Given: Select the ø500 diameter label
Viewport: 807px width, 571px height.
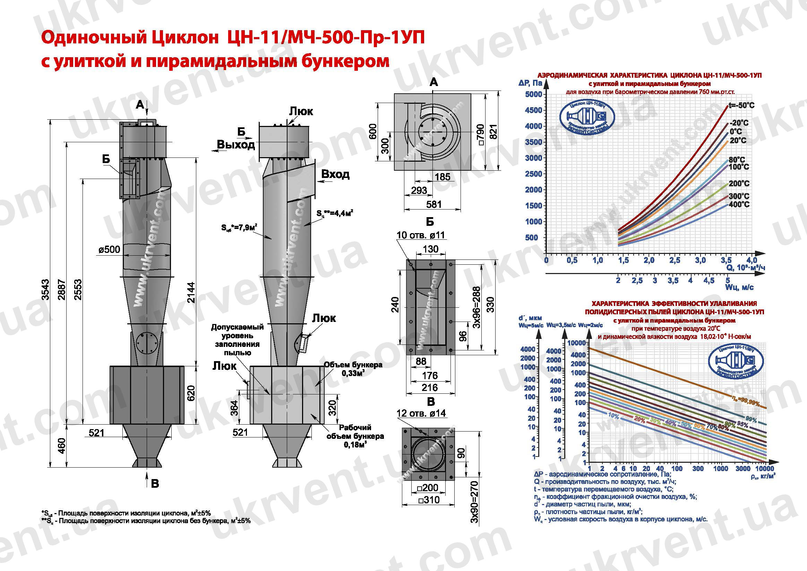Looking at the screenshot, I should pyautogui.click(x=109, y=250).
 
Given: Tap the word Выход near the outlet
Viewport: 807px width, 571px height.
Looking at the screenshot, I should pyautogui.click(x=235, y=145).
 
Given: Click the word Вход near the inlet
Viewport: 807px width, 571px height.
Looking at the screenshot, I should pyautogui.click(x=335, y=174).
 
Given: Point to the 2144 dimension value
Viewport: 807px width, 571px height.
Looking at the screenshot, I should pyautogui.click(x=191, y=292).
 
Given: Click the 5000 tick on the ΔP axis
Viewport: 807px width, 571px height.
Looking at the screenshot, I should pyautogui.click(x=533, y=94).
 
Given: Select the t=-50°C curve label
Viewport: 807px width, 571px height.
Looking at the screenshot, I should pyautogui.click(x=741, y=105).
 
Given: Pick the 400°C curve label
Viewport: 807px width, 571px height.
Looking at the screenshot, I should pyautogui.click(x=739, y=204).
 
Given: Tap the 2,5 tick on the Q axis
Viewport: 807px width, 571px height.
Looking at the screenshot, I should pyautogui.click(x=674, y=261).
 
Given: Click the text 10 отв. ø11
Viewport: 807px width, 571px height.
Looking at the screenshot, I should pyautogui.click(x=421, y=235).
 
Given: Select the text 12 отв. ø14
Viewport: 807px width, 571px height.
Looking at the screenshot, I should pyautogui.click(x=421, y=413).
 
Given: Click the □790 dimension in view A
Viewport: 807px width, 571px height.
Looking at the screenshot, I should pyautogui.click(x=480, y=135).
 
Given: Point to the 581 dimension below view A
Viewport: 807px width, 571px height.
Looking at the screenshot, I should pyautogui.click(x=433, y=204).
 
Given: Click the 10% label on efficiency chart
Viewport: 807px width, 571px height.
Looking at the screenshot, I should pyautogui.click(x=613, y=416).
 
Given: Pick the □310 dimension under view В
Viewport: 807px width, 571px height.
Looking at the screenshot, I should pyautogui.click(x=428, y=500).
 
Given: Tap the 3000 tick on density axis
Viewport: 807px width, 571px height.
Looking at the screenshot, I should pyautogui.click(x=743, y=469).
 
